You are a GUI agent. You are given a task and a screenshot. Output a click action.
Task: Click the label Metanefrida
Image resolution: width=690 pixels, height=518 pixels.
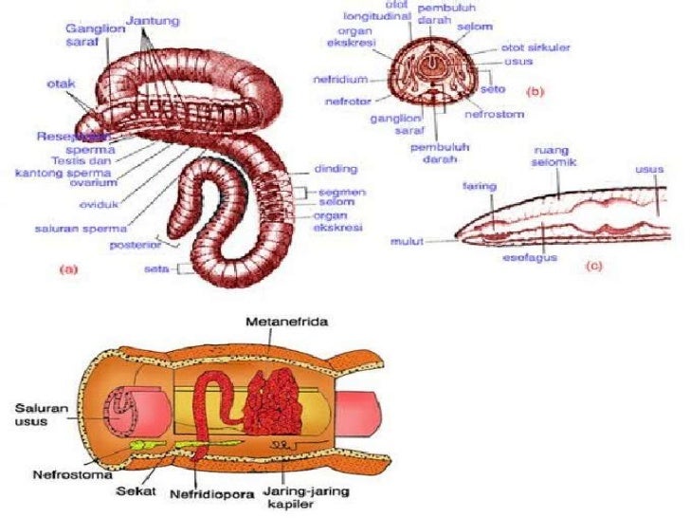[x=280, y=323]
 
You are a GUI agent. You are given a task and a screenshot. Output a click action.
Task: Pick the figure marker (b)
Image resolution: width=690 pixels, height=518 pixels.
[x=535, y=92]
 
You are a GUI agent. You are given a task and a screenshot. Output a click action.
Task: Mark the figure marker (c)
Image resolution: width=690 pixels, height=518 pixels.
[x=594, y=266]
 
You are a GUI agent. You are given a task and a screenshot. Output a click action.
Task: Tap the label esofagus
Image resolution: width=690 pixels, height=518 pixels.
[x=536, y=257]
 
